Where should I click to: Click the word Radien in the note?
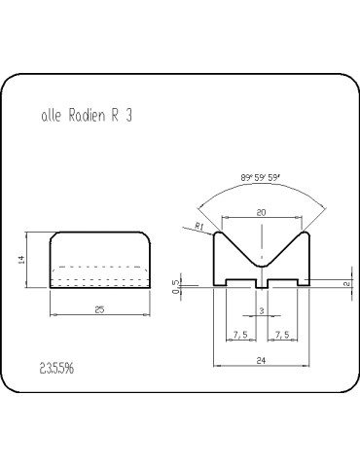87,116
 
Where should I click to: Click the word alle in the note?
52,116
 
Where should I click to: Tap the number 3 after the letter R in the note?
128,116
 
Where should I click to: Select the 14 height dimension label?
21,260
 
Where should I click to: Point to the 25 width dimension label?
99,309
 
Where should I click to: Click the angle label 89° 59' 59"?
261,178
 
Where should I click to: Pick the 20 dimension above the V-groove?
261,212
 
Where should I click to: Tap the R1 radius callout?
199,226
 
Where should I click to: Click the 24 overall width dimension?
261,360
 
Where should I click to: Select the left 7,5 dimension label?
240,335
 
